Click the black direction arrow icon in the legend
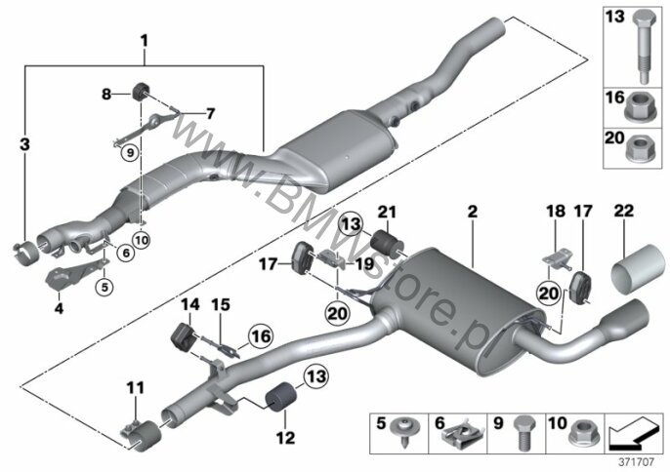point(635,432)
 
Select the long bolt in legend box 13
point(643,47)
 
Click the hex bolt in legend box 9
point(523,432)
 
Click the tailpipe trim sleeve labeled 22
point(639,266)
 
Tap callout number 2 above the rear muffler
point(472,212)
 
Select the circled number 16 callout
point(261,336)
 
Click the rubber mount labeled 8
point(141,91)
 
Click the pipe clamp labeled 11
point(141,434)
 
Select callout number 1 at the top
point(144,41)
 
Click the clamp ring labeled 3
point(27,253)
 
